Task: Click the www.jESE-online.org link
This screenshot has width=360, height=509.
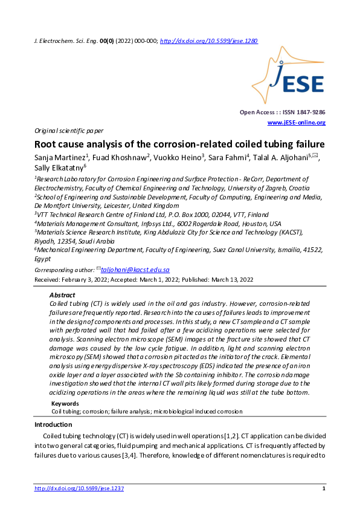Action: click(x=296, y=123)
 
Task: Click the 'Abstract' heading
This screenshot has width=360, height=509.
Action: click(x=62, y=294)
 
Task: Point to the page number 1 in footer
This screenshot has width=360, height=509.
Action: click(x=324, y=488)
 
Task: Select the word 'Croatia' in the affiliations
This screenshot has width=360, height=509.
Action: click(x=281, y=188)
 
